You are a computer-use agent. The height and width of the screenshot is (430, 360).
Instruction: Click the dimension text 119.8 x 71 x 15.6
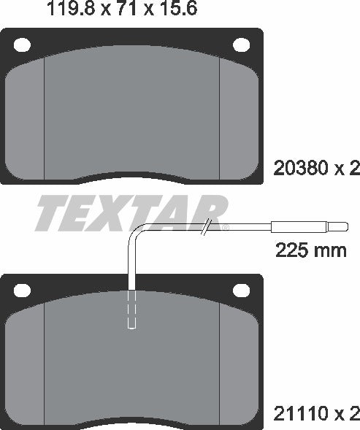(x=121, y=10)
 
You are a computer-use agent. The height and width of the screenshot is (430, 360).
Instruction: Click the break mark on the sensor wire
(x=207, y=226)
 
